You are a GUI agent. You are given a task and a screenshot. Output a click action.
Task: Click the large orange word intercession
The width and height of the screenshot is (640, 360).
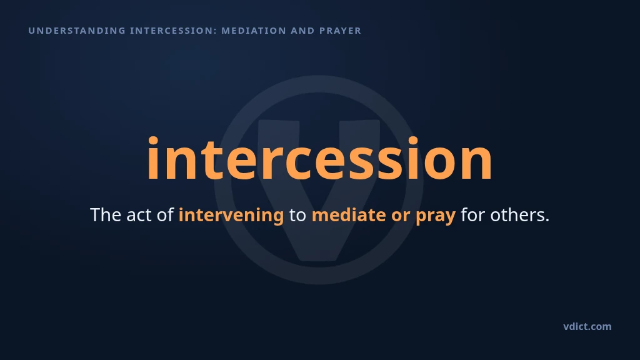319,158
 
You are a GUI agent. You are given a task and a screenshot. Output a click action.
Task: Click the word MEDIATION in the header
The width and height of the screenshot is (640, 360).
254,31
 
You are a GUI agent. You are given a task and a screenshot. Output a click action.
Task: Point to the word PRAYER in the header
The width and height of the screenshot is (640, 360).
341,31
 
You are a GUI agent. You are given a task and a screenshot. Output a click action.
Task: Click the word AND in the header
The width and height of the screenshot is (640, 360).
302,31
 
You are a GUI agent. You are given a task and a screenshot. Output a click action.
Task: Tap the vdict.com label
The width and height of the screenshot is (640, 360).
587,326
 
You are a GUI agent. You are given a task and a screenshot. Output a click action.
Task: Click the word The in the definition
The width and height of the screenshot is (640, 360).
106,215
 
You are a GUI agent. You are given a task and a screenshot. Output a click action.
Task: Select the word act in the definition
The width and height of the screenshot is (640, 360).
139,215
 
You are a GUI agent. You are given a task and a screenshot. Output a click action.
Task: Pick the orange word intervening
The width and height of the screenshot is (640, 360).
231,215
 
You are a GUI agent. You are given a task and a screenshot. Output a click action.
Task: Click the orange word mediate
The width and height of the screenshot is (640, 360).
349,215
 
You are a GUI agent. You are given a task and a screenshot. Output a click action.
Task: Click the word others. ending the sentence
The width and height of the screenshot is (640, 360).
520,215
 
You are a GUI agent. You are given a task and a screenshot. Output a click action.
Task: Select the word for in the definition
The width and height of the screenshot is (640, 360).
472,215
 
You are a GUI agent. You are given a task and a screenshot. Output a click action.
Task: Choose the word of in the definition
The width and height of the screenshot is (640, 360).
165,215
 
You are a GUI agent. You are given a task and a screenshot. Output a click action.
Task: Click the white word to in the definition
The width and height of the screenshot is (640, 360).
297,215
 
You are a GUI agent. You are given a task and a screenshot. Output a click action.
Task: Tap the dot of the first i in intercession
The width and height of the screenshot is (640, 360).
152,141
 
